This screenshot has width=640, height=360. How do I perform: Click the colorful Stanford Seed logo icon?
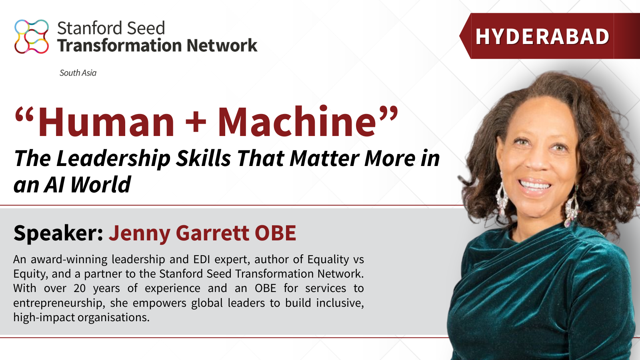(x=32, y=36)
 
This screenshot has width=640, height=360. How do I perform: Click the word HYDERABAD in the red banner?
(x=542, y=37)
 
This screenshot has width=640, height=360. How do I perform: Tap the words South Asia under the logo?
(x=78, y=73)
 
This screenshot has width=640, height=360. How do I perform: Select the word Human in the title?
(x=106, y=122)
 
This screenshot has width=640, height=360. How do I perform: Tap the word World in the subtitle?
(x=100, y=185)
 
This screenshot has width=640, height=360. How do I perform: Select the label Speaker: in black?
(x=58, y=233)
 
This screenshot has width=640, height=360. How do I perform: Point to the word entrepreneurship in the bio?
(x=59, y=303)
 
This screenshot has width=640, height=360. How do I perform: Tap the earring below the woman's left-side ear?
(x=501, y=196)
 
